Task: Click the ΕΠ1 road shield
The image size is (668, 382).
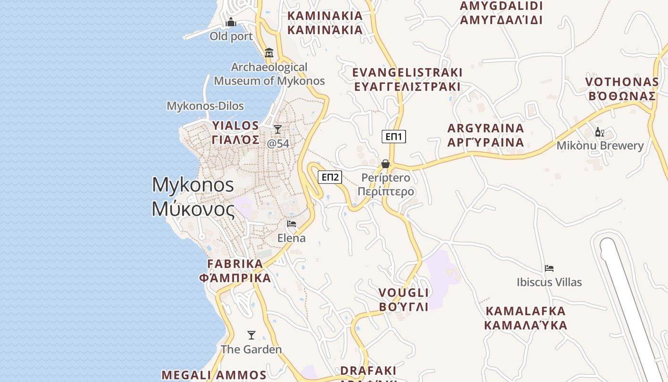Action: coord(394,137)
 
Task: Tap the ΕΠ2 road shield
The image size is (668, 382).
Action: coord(330,178)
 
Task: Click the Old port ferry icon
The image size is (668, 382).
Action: coord(231,22)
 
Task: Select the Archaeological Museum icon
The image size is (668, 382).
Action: coord(269,53)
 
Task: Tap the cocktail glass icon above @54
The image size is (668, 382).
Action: coord(277,129)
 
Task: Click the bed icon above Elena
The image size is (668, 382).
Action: coord(292,224)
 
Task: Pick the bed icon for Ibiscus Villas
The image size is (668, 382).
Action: coord(549,268)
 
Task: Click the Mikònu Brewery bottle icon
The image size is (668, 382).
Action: coord(600,132)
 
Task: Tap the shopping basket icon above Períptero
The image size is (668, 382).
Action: coord(386,164)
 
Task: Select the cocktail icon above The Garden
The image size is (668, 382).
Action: coord(251,335)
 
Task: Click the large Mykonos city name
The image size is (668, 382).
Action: coord(193,197)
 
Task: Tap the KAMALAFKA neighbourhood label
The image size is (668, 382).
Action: coord(525,318)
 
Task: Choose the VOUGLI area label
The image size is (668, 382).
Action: coord(404,299)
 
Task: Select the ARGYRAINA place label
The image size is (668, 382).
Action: coord(486,135)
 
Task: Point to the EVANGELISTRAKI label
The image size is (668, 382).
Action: coord(407,79)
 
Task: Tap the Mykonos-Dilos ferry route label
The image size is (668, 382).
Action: coord(205,106)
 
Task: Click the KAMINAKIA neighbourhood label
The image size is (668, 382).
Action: coord(325,23)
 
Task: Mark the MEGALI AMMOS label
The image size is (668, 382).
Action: coord(214,375)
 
